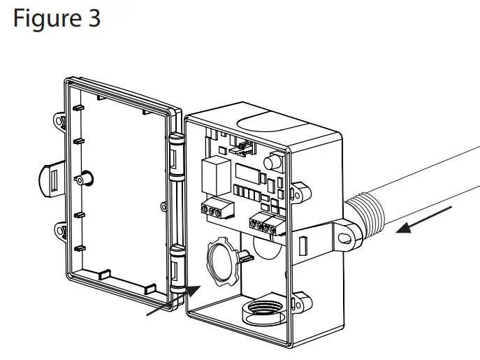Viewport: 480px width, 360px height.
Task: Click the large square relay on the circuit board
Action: pos(212,172)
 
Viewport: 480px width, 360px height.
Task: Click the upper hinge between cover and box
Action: pos(176,157)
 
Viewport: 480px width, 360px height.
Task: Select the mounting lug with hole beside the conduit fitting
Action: pos(342,238)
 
